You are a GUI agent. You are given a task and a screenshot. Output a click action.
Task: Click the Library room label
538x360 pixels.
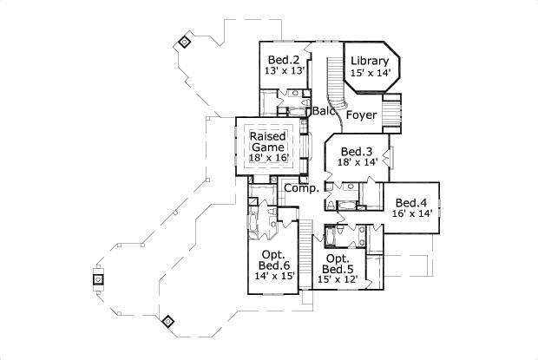pos(371,61)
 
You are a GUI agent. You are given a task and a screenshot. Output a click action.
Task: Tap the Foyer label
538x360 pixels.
pos(361,115)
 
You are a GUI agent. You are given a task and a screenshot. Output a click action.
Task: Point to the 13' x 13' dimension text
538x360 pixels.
pos(285,72)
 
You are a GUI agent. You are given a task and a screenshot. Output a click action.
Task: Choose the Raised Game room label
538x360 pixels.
pos(268,142)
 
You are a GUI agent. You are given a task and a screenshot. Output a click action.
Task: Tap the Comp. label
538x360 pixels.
pos(300,188)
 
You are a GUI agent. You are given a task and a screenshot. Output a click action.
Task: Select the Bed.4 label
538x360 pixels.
pos(412,203)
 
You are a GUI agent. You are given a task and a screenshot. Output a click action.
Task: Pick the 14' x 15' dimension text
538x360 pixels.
pos(274,277)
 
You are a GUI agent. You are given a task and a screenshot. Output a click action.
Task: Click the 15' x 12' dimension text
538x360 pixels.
pos(338,280)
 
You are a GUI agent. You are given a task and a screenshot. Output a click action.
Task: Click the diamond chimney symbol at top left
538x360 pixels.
pos(184,41)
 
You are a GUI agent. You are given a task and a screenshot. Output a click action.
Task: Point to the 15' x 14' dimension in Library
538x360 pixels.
pos(371,74)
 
